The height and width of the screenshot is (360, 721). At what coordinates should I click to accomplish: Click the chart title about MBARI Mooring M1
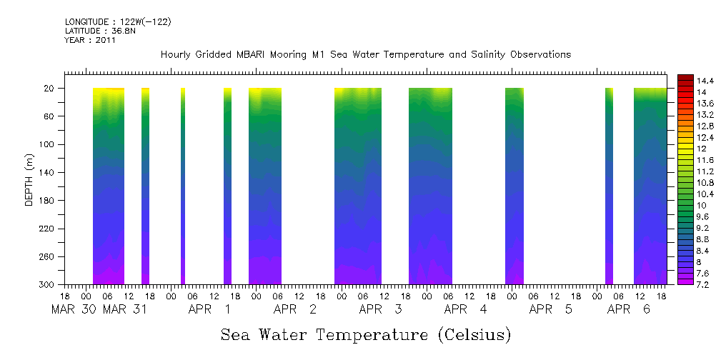[365, 55]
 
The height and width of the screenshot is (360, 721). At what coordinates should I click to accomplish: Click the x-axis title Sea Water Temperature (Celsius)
[365, 334]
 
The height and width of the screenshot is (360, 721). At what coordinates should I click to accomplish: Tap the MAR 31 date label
[125, 310]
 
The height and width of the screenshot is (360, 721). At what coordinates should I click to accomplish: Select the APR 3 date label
[379, 310]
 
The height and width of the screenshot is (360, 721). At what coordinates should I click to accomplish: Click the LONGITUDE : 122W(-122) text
[117, 21]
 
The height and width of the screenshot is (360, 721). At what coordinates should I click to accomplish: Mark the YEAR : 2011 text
[90, 40]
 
